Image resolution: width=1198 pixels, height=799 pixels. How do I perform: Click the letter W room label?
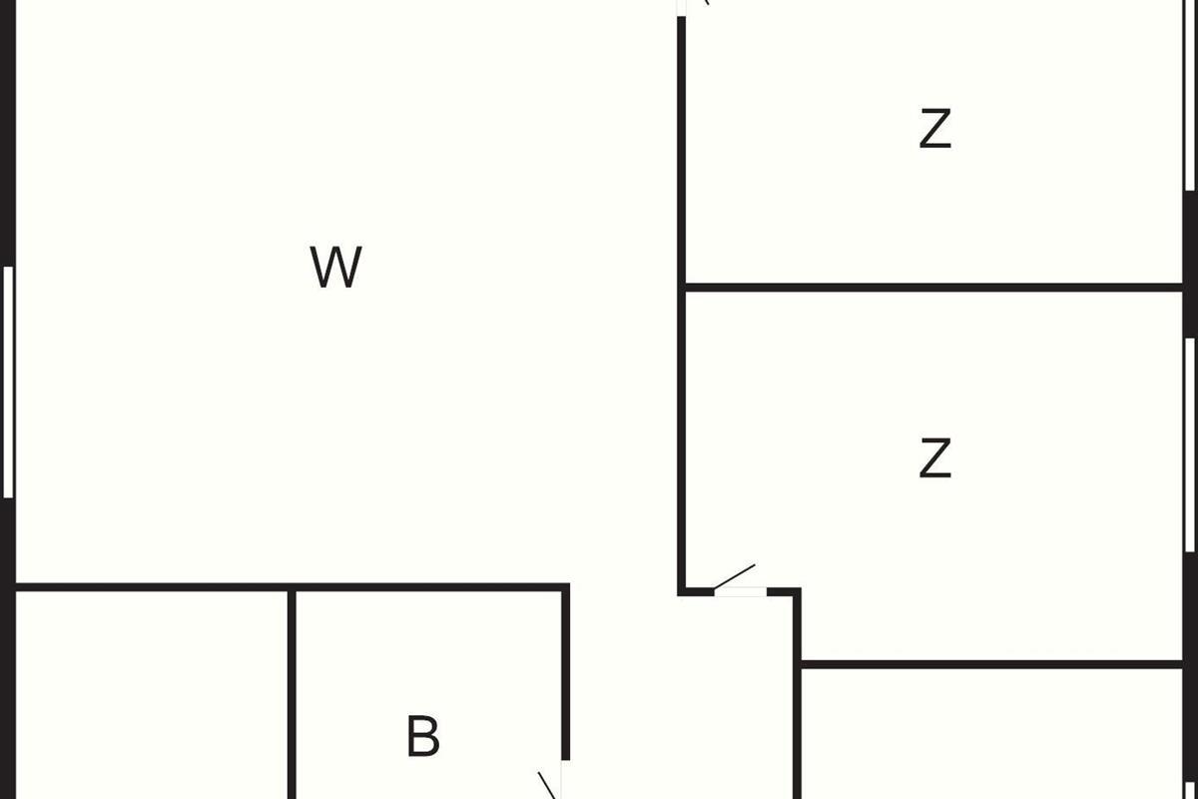335,268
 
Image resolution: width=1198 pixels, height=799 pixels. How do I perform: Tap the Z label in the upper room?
934,130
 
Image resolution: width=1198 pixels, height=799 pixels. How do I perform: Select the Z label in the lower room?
934,458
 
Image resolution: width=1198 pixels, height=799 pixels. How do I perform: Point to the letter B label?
423,737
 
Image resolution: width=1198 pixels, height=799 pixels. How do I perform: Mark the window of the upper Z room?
1190,95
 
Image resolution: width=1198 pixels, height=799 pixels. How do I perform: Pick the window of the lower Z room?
1190,444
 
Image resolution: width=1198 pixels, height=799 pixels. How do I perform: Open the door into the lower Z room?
739,589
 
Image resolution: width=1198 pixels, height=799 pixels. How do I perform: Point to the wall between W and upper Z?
682,150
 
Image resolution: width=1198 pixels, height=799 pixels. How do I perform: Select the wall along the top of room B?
429,586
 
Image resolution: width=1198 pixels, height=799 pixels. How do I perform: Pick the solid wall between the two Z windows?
1190,265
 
